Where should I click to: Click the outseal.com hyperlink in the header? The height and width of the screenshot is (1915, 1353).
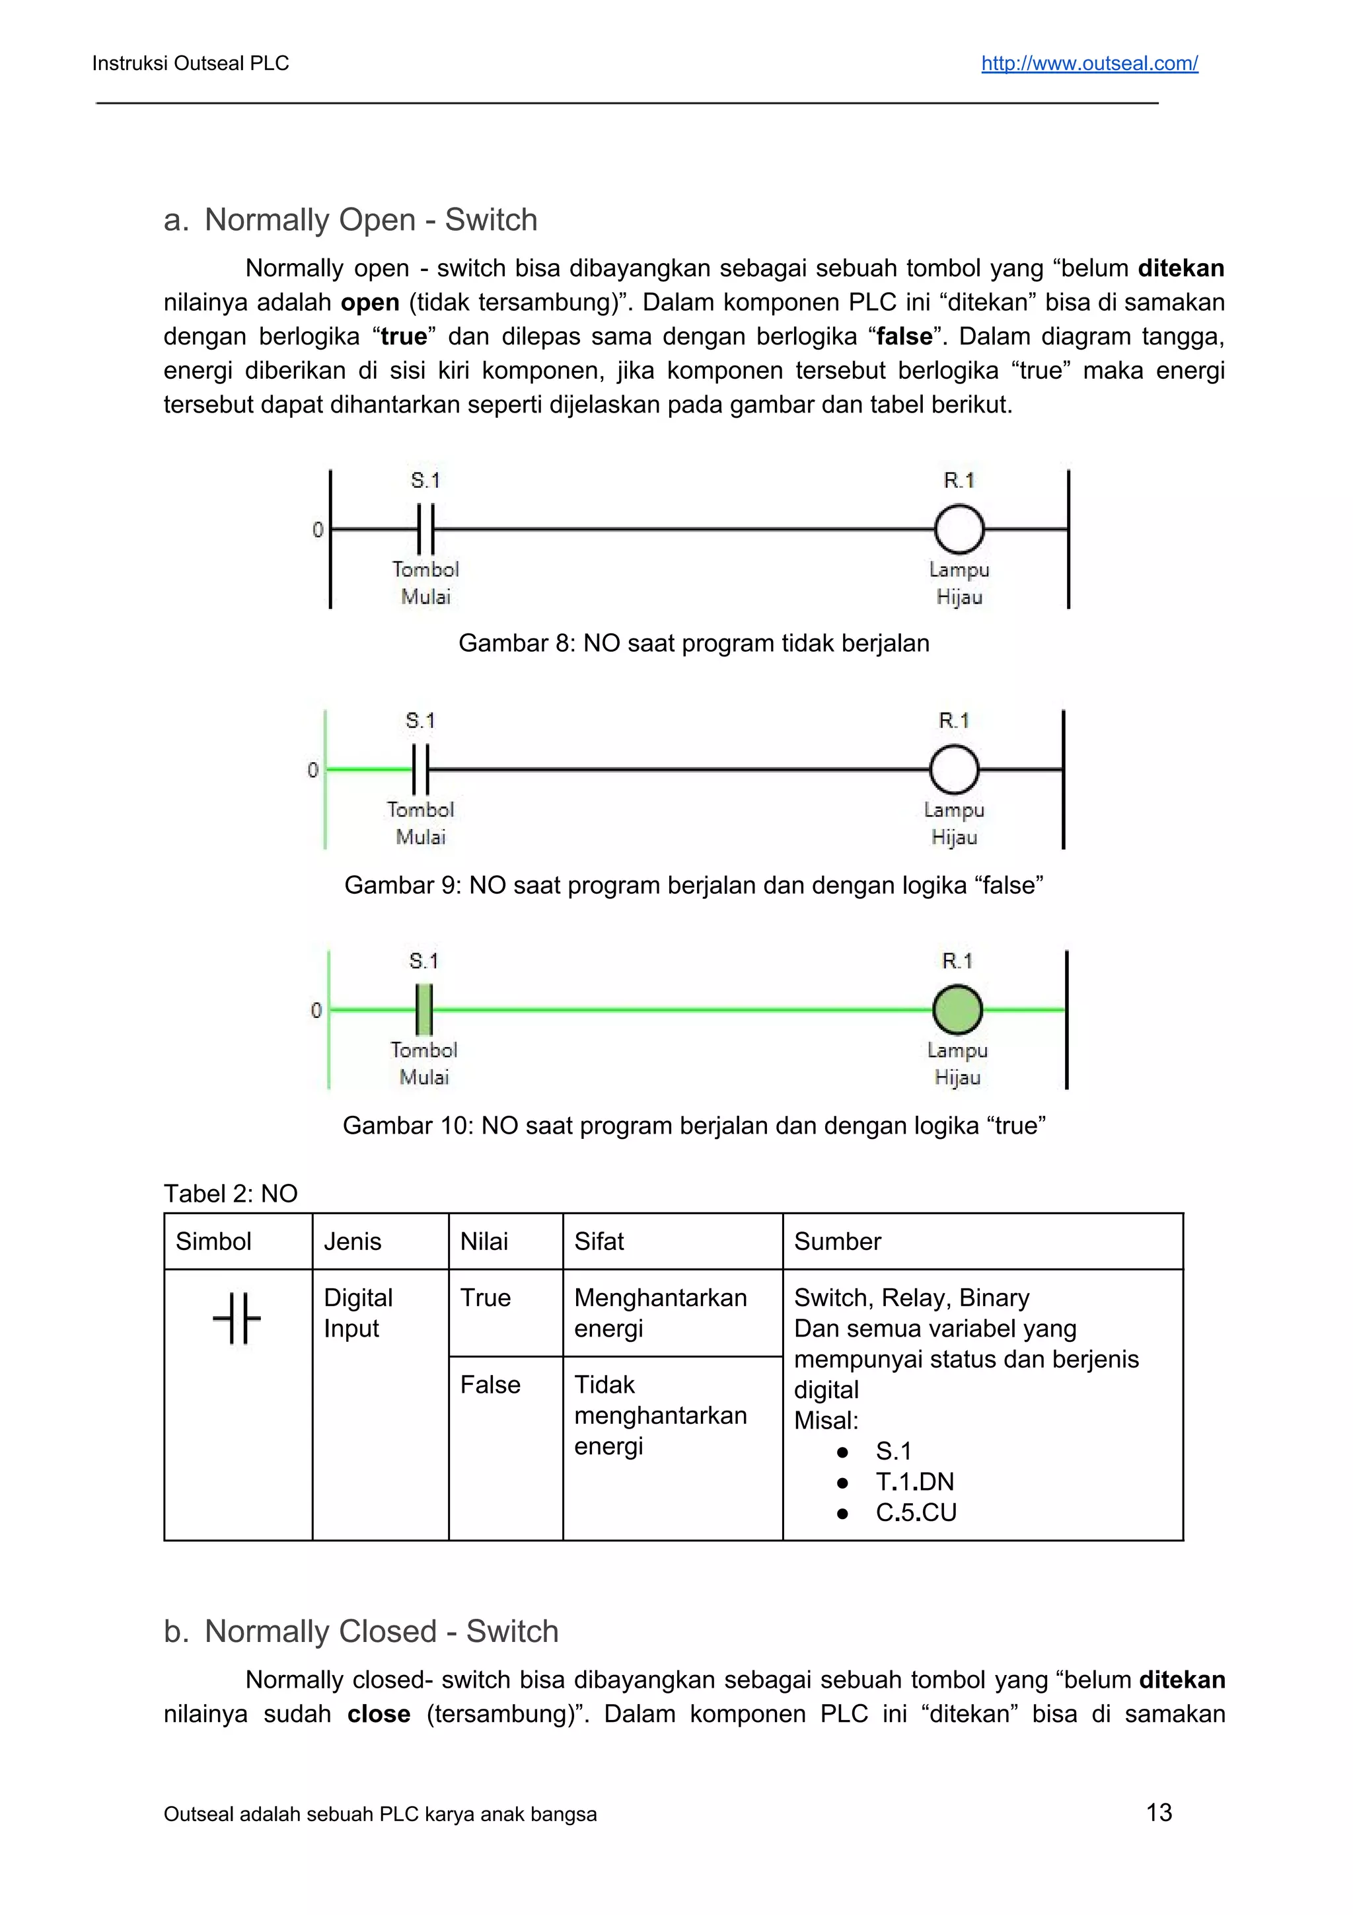tap(1089, 63)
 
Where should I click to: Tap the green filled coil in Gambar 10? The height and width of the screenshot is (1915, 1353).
tap(957, 1009)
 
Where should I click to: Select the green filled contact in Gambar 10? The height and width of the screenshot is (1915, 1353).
tap(423, 1009)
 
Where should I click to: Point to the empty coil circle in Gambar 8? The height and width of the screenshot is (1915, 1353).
tap(959, 529)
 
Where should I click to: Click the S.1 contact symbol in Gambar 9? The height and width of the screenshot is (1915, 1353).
tap(420, 769)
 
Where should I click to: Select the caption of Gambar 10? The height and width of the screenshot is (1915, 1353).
tap(694, 1125)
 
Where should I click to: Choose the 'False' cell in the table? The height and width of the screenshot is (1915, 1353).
tap(490, 1385)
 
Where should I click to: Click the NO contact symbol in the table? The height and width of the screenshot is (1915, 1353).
tap(237, 1319)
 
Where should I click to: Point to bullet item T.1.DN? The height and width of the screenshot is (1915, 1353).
tap(914, 1481)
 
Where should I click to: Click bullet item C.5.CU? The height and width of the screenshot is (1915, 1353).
tap(916, 1512)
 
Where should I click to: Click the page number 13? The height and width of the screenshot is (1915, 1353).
tap(1159, 1812)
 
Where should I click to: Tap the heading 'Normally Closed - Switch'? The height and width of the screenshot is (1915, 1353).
tap(381, 1631)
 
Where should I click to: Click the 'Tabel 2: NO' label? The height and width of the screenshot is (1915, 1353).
tap(230, 1194)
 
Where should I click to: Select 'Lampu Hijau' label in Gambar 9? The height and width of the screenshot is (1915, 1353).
tap(954, 823)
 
